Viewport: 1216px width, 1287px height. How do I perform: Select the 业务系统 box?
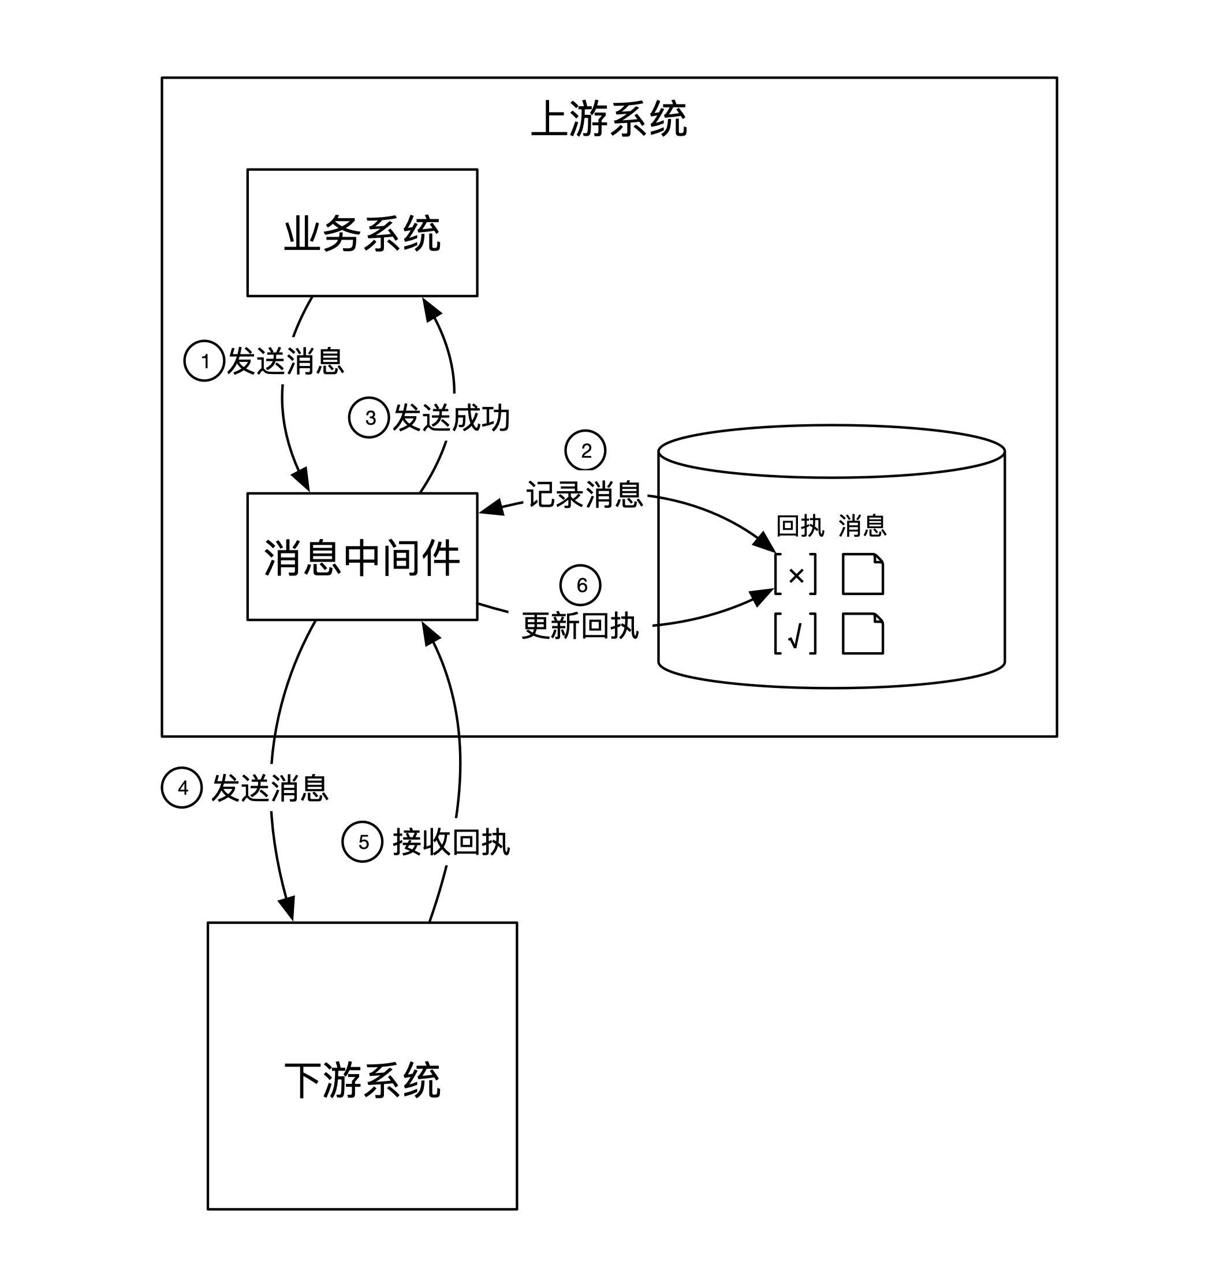coord(363,233)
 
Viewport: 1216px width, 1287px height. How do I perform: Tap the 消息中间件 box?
coord(363,557)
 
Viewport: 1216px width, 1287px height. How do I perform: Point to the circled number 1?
coord(204,361)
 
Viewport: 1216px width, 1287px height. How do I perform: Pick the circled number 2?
coord(585,450)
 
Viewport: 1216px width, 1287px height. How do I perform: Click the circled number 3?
coord(370,418)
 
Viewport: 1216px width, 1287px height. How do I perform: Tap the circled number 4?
coord(182,787)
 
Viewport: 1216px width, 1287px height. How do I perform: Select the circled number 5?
coord(363,842)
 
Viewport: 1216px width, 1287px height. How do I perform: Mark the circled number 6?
coord(581,585)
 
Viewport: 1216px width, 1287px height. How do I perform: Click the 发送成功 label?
coord(452,418)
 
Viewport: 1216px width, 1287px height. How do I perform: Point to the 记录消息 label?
coord(585,495)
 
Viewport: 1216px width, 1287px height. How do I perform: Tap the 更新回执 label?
coord(581,626)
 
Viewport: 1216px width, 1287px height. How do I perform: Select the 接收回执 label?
coord(452,843)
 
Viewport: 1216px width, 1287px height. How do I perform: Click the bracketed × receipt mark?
coord(796,574)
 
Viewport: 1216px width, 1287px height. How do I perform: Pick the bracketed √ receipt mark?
coord(796,634)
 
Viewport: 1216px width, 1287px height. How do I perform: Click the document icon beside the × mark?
coord(863,574)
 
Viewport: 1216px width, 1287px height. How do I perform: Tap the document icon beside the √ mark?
coord(863,634)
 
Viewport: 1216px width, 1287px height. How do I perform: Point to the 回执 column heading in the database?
coord(800,526)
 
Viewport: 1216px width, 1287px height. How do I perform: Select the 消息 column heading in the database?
coord(863,526)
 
